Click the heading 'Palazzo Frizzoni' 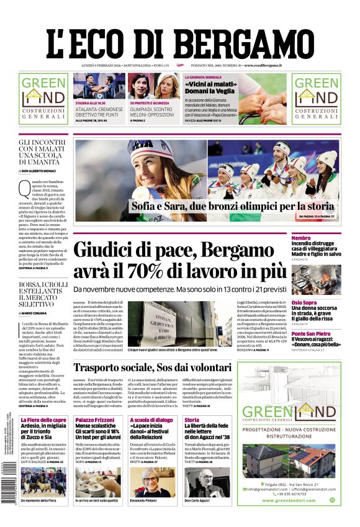point(94,420)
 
